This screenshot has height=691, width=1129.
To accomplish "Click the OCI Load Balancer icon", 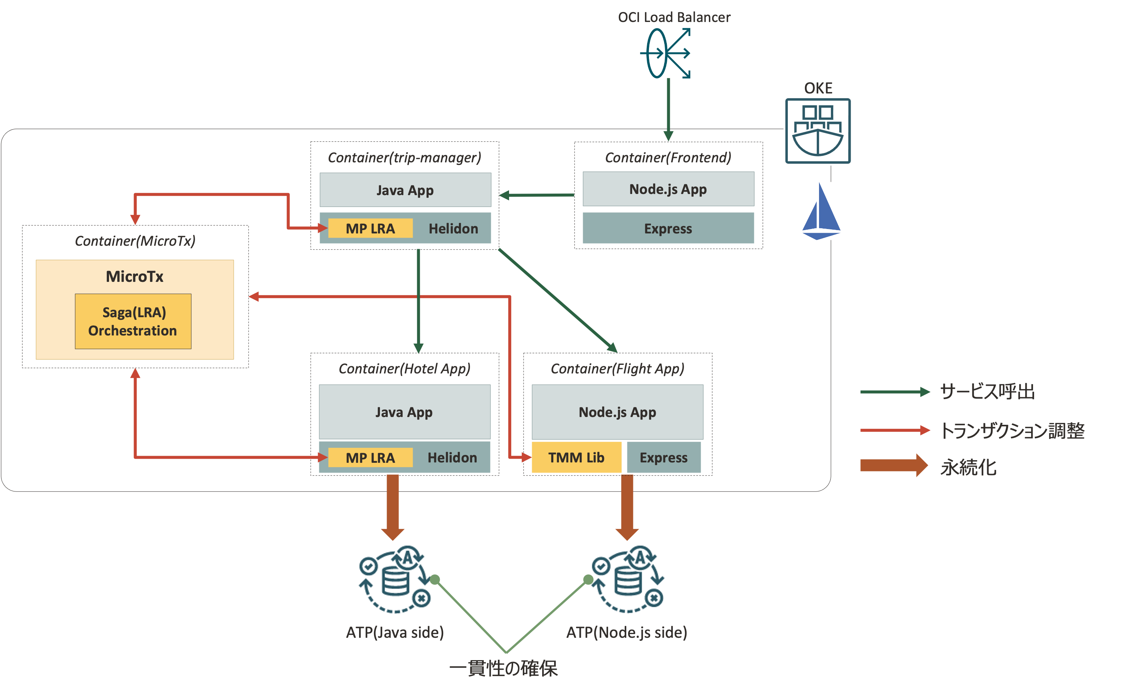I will (666, 53).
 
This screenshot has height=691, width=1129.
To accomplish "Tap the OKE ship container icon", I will (818, 131).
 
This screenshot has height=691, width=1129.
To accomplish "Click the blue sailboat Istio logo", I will (821, 211).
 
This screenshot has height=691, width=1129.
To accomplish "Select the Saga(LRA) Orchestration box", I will (133, 321).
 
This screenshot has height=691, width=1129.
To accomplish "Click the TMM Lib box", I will (576, 457).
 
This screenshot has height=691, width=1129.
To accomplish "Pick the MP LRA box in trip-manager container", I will (370, 228).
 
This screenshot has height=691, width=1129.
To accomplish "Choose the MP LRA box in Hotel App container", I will (370, 458).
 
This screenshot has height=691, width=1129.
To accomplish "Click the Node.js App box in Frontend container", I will (668, 189).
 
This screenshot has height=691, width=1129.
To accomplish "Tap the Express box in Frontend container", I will (668, 228).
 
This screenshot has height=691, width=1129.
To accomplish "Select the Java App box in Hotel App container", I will (404, 412).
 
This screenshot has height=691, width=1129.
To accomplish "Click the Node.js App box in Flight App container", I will (617, 412).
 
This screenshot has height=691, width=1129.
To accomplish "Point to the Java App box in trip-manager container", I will (405, 190).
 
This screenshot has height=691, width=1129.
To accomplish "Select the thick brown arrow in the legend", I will (893, 465).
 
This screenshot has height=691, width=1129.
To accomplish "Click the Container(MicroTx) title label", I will (135, 241).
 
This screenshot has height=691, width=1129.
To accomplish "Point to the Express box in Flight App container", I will (663, 457).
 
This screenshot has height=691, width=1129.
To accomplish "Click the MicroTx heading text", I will (135, 277).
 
